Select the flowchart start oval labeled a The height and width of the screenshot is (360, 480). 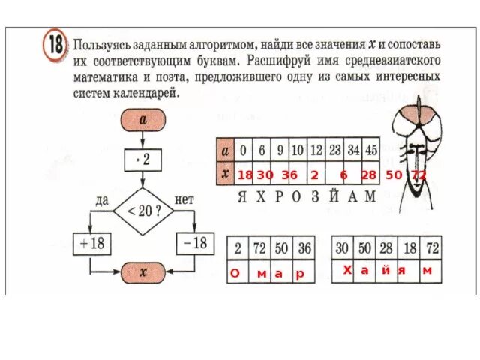142,119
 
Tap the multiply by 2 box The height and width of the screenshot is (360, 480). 142,160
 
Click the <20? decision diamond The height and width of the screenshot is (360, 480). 142,211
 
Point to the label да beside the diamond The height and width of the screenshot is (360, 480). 103,200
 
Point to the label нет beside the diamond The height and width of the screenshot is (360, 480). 184,200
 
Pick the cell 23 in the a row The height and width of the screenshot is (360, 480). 334,149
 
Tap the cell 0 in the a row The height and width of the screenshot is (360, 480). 243,149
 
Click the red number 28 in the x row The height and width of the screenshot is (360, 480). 368,175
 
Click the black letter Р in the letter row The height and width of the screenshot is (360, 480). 277,197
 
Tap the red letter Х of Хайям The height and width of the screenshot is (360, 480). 346,270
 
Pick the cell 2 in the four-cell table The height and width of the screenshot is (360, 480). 237,247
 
